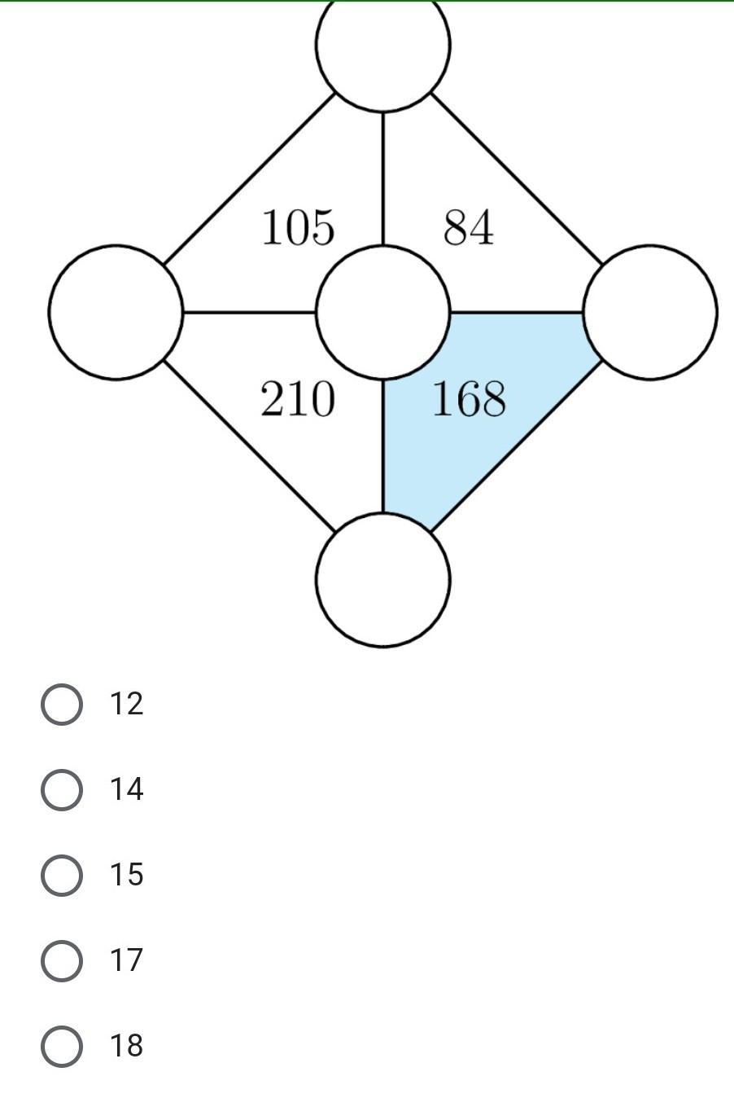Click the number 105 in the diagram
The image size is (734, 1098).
coord(298,227)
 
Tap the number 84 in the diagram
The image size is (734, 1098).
coord(468,227)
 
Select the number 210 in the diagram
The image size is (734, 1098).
coord(297,400)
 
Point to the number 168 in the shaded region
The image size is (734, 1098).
coord(469,400)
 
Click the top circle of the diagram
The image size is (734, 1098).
coord(382,45)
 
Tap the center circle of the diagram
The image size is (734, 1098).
coord(382,312)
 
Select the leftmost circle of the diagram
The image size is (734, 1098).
coord(116,312)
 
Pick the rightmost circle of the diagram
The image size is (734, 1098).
coord(650,312)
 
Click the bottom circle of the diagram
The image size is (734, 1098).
coord(382,579)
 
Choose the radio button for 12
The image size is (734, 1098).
coord(62,704)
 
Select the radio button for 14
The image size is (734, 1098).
coord(62,789)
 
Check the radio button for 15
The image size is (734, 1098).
coord(62,875)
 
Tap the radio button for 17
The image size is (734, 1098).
coord(62,960)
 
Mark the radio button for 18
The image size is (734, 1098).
coord(62,1046)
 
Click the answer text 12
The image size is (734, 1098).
coord(127,704)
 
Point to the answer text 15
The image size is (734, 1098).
coord(127,875)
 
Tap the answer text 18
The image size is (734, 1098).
coord(127,1046)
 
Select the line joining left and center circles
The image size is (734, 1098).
coord(249,312)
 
